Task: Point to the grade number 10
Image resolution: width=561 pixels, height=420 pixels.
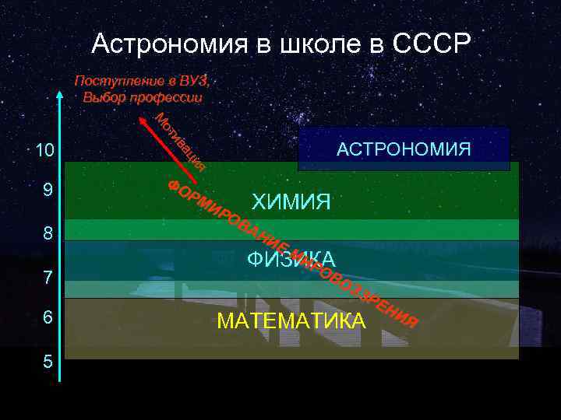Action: tap(40, 151)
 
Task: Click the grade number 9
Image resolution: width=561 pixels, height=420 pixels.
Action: tap(48, 191)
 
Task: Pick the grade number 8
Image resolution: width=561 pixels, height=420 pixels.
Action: tap(48, 233)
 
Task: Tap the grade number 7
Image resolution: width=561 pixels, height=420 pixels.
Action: tap(48, 277)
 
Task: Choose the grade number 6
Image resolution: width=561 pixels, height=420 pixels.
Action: tap(48, 318)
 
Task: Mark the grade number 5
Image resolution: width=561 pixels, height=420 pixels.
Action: tap(48, 362)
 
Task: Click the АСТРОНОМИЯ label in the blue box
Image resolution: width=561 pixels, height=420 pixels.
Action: tap(404, 149)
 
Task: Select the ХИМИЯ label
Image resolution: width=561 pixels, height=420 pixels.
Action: tap(291, 203)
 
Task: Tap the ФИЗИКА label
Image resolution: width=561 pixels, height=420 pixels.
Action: tap(291, 260)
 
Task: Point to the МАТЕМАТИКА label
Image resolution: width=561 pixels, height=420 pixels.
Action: tap(291, 320)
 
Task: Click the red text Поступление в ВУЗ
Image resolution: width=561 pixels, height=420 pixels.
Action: tap(142, 81)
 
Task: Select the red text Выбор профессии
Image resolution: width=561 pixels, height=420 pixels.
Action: tap(142, 97)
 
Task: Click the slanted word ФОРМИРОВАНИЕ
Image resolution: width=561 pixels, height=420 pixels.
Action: tap(226, 217)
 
